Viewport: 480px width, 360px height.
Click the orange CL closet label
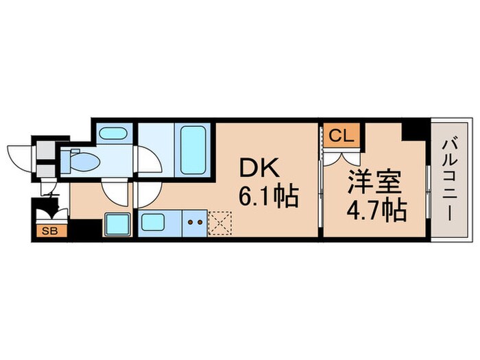(x=340, y=135)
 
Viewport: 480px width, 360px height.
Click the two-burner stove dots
(x=195, y=222)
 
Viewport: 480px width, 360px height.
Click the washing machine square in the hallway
(x=117, y=224)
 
